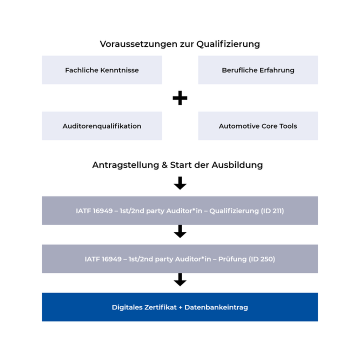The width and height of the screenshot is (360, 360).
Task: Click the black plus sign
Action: (x=180, y=98)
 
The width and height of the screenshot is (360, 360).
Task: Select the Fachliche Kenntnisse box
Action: (x=102, y=70)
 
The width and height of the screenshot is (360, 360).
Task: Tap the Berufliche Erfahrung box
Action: (x=258, y=70)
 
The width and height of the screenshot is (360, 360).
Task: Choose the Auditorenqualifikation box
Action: (x=102, y=126)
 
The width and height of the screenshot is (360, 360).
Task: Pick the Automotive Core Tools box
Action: (x=258, y=126)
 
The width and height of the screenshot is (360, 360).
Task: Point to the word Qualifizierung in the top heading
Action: (x=228, y=44)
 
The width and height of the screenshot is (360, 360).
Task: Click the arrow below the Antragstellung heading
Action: (x=180, y=183)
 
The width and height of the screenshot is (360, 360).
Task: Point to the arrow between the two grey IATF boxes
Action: (x=180, y=231)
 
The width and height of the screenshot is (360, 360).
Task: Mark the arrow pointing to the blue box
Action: (x=180, y=280)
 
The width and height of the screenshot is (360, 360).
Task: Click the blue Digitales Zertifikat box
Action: (x=180, y=307)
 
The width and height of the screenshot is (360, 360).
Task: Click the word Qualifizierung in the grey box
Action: (x=233, y=210)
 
